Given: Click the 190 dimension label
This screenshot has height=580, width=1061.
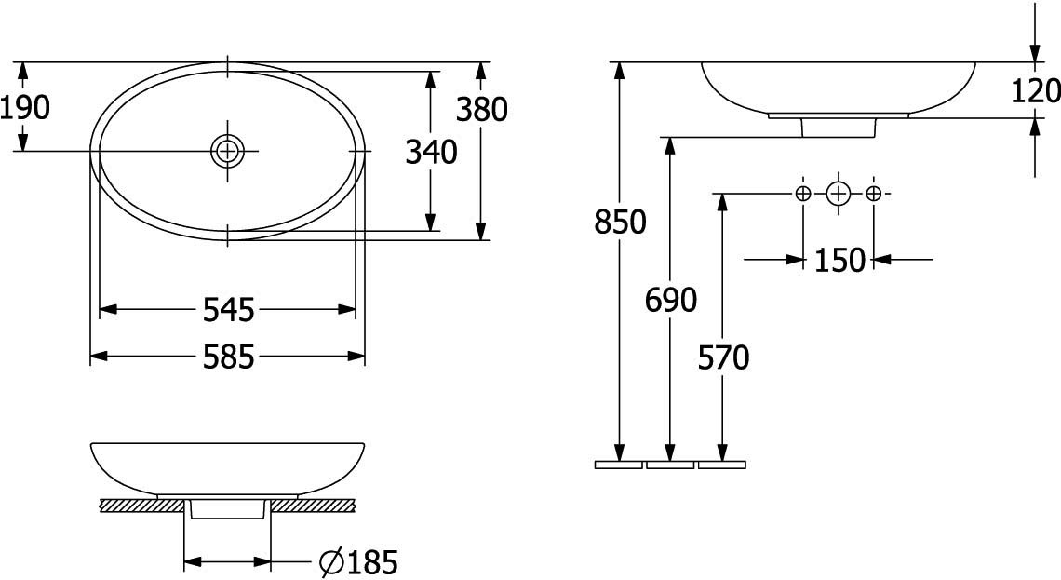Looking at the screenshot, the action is pos(24,108).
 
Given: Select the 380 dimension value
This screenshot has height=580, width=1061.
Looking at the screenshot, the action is pos(481,110).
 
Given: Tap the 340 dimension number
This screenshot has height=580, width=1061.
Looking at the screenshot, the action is pos(431,152).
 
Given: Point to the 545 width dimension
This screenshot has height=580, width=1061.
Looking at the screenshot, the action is pos(229,310).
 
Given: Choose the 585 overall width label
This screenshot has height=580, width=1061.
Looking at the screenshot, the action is pos(229,357).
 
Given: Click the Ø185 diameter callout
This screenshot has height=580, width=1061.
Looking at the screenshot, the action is pos(358,561).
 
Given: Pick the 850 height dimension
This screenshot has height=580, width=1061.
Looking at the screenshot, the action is pos(620,222).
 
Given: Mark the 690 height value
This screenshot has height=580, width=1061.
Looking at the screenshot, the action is pos(670,300).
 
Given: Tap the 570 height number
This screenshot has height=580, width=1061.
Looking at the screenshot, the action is pos(723,358).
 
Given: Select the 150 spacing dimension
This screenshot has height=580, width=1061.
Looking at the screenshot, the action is pos(839,260).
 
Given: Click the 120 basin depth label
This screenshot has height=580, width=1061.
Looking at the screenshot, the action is pos(1035,90).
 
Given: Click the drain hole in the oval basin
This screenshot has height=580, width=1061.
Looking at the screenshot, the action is pos(228,150).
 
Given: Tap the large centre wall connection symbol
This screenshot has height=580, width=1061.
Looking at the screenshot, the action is pos(838,195).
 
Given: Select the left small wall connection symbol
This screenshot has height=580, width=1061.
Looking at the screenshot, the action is pos(802,195).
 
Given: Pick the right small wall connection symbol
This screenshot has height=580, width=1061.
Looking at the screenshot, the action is pos(873,195).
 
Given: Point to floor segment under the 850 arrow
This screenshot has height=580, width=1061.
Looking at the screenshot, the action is pos(619,465).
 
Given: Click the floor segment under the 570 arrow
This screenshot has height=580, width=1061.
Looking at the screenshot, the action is pos(722,465).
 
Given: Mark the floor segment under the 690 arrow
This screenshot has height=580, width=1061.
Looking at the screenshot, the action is pos(670,465).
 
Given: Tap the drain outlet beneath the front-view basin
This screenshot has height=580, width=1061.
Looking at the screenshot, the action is pos(227,509).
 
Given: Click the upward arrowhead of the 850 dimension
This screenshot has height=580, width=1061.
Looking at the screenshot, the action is pos(619,71).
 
